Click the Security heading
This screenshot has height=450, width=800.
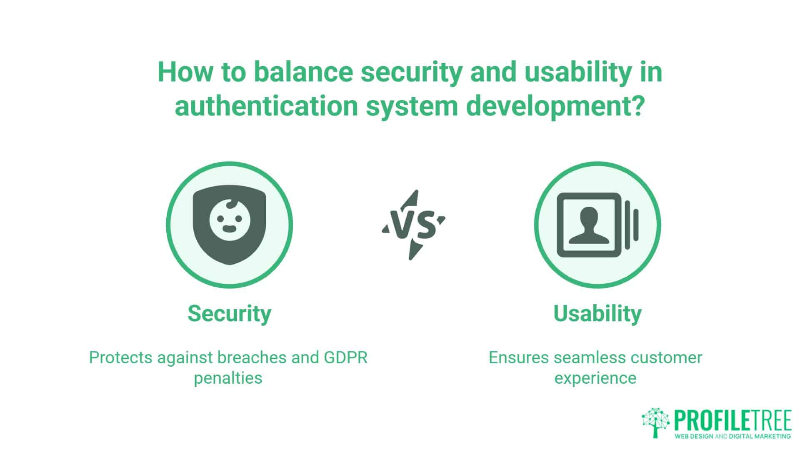tap(229, 314)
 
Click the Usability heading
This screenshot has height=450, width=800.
tap(597, 314)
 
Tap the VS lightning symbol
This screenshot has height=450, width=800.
tap(413, 225)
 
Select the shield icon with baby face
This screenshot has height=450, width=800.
tap(230, 225)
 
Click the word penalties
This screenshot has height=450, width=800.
tap(228, 378)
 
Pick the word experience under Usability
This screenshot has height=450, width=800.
tap(595, 378)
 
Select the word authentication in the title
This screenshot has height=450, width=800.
tap(267, 106)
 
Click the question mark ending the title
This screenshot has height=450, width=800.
tap(637, 106)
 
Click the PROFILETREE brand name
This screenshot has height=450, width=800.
tap(732, 421)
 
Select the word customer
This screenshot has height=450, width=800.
tap(666, 358)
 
